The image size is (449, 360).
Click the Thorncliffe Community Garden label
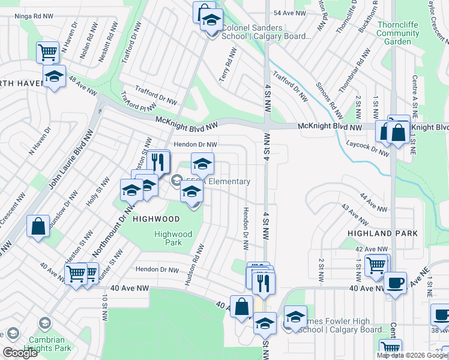tap(398, 34)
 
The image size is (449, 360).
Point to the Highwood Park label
tap(173, 238)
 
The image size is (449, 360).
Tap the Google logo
tap(19, 353)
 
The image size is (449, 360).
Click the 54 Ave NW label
tap(290, 13)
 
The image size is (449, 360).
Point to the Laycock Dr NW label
tap(367, 148)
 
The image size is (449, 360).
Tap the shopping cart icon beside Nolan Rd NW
tap(47, 52)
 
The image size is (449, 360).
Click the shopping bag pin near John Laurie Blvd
tap(38, 227)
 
